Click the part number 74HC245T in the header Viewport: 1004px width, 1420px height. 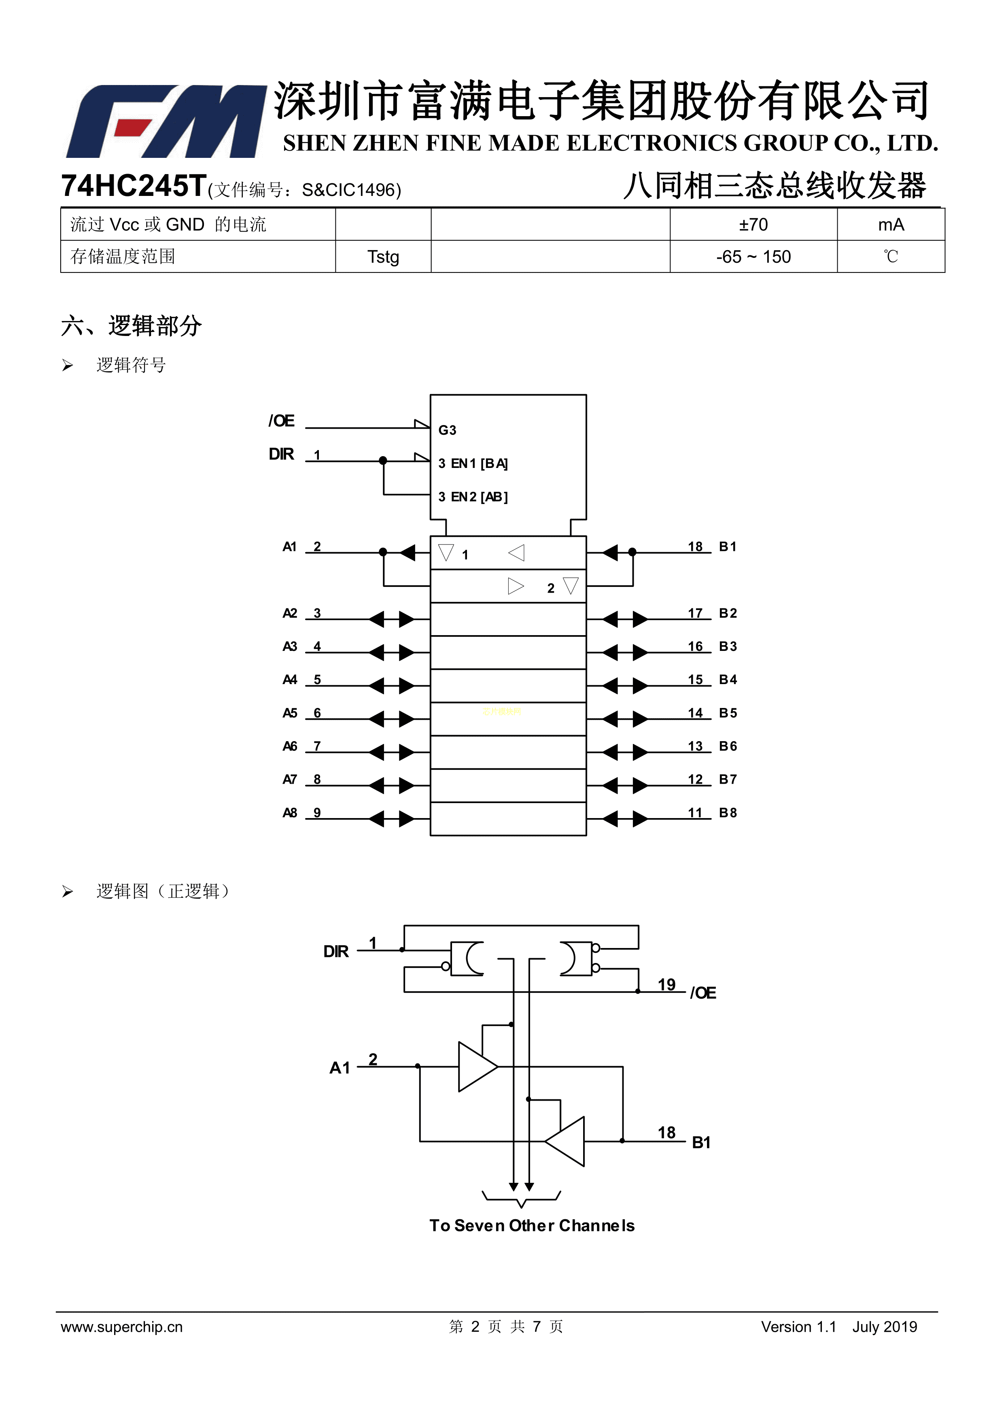[133, 185]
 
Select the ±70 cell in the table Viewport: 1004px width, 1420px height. [753, 225]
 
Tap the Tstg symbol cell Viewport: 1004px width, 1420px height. [383, 257]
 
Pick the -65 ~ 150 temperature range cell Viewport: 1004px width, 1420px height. [753, 257]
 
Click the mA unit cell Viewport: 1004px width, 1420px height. [890, 225]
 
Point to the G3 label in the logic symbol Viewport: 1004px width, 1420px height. [447, 430]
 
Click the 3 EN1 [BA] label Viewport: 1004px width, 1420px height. [473, 463]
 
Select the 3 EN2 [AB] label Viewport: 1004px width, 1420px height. [473, 497]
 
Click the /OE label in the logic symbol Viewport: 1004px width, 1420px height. [281, 421]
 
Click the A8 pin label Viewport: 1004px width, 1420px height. [289, 813]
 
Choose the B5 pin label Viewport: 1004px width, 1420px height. [728, 713]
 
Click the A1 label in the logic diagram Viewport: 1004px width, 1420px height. [340, 1068]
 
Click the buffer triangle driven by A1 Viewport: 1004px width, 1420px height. [476, 1067]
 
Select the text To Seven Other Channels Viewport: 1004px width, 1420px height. [532, 1225]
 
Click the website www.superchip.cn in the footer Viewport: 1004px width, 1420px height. [122, 1326]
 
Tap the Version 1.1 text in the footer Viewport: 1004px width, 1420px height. [798, 1326]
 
